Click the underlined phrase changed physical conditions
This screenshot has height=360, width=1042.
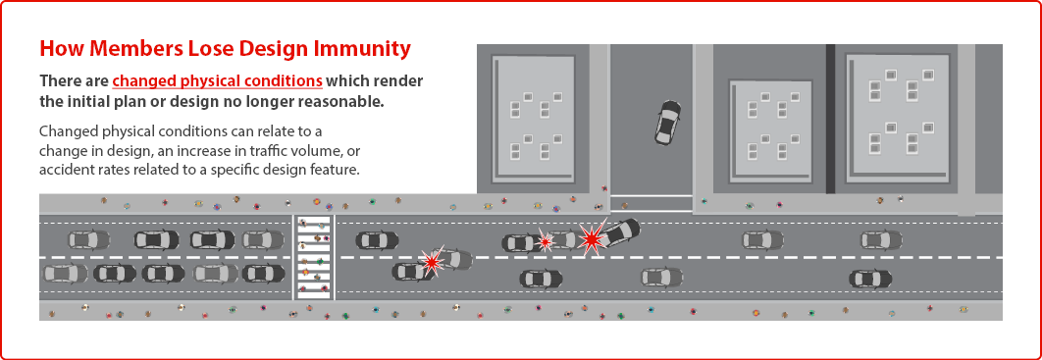click(218, 81)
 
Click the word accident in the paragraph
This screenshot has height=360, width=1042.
click(63, 170)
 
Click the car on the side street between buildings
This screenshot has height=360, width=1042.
click(667, 122)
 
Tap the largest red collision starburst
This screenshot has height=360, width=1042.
click(592, 237)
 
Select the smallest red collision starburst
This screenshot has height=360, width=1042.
click(545, 241)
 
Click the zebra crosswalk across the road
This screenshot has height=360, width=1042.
click(314, 256)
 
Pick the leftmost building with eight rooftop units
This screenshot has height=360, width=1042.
click(533, 120)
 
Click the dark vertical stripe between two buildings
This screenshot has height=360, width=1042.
click(830, 119)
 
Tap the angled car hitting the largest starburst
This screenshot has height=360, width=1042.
click(617, 232)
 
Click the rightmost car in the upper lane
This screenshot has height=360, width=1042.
click(881, 239)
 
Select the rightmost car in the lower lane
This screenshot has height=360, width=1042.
click(870, 279)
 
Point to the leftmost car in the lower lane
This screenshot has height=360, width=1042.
click(65, 273)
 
